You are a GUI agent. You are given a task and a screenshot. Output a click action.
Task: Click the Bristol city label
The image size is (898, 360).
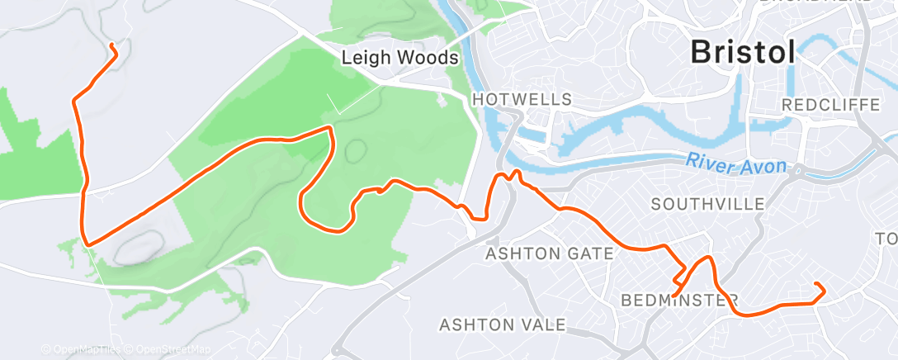(743, 52)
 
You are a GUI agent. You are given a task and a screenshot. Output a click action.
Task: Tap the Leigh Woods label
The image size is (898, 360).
(400, 59)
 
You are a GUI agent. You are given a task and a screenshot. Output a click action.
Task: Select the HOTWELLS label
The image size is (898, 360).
(522, 99)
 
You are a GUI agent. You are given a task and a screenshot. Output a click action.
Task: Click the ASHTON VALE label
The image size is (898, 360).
(503, 324)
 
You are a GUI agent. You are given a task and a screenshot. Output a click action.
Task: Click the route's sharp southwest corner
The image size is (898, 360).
(86, 244)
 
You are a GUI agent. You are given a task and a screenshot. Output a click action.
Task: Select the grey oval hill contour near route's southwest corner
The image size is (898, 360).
(136, 246)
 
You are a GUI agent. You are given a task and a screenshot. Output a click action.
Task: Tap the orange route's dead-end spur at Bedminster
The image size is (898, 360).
(674, 295)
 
